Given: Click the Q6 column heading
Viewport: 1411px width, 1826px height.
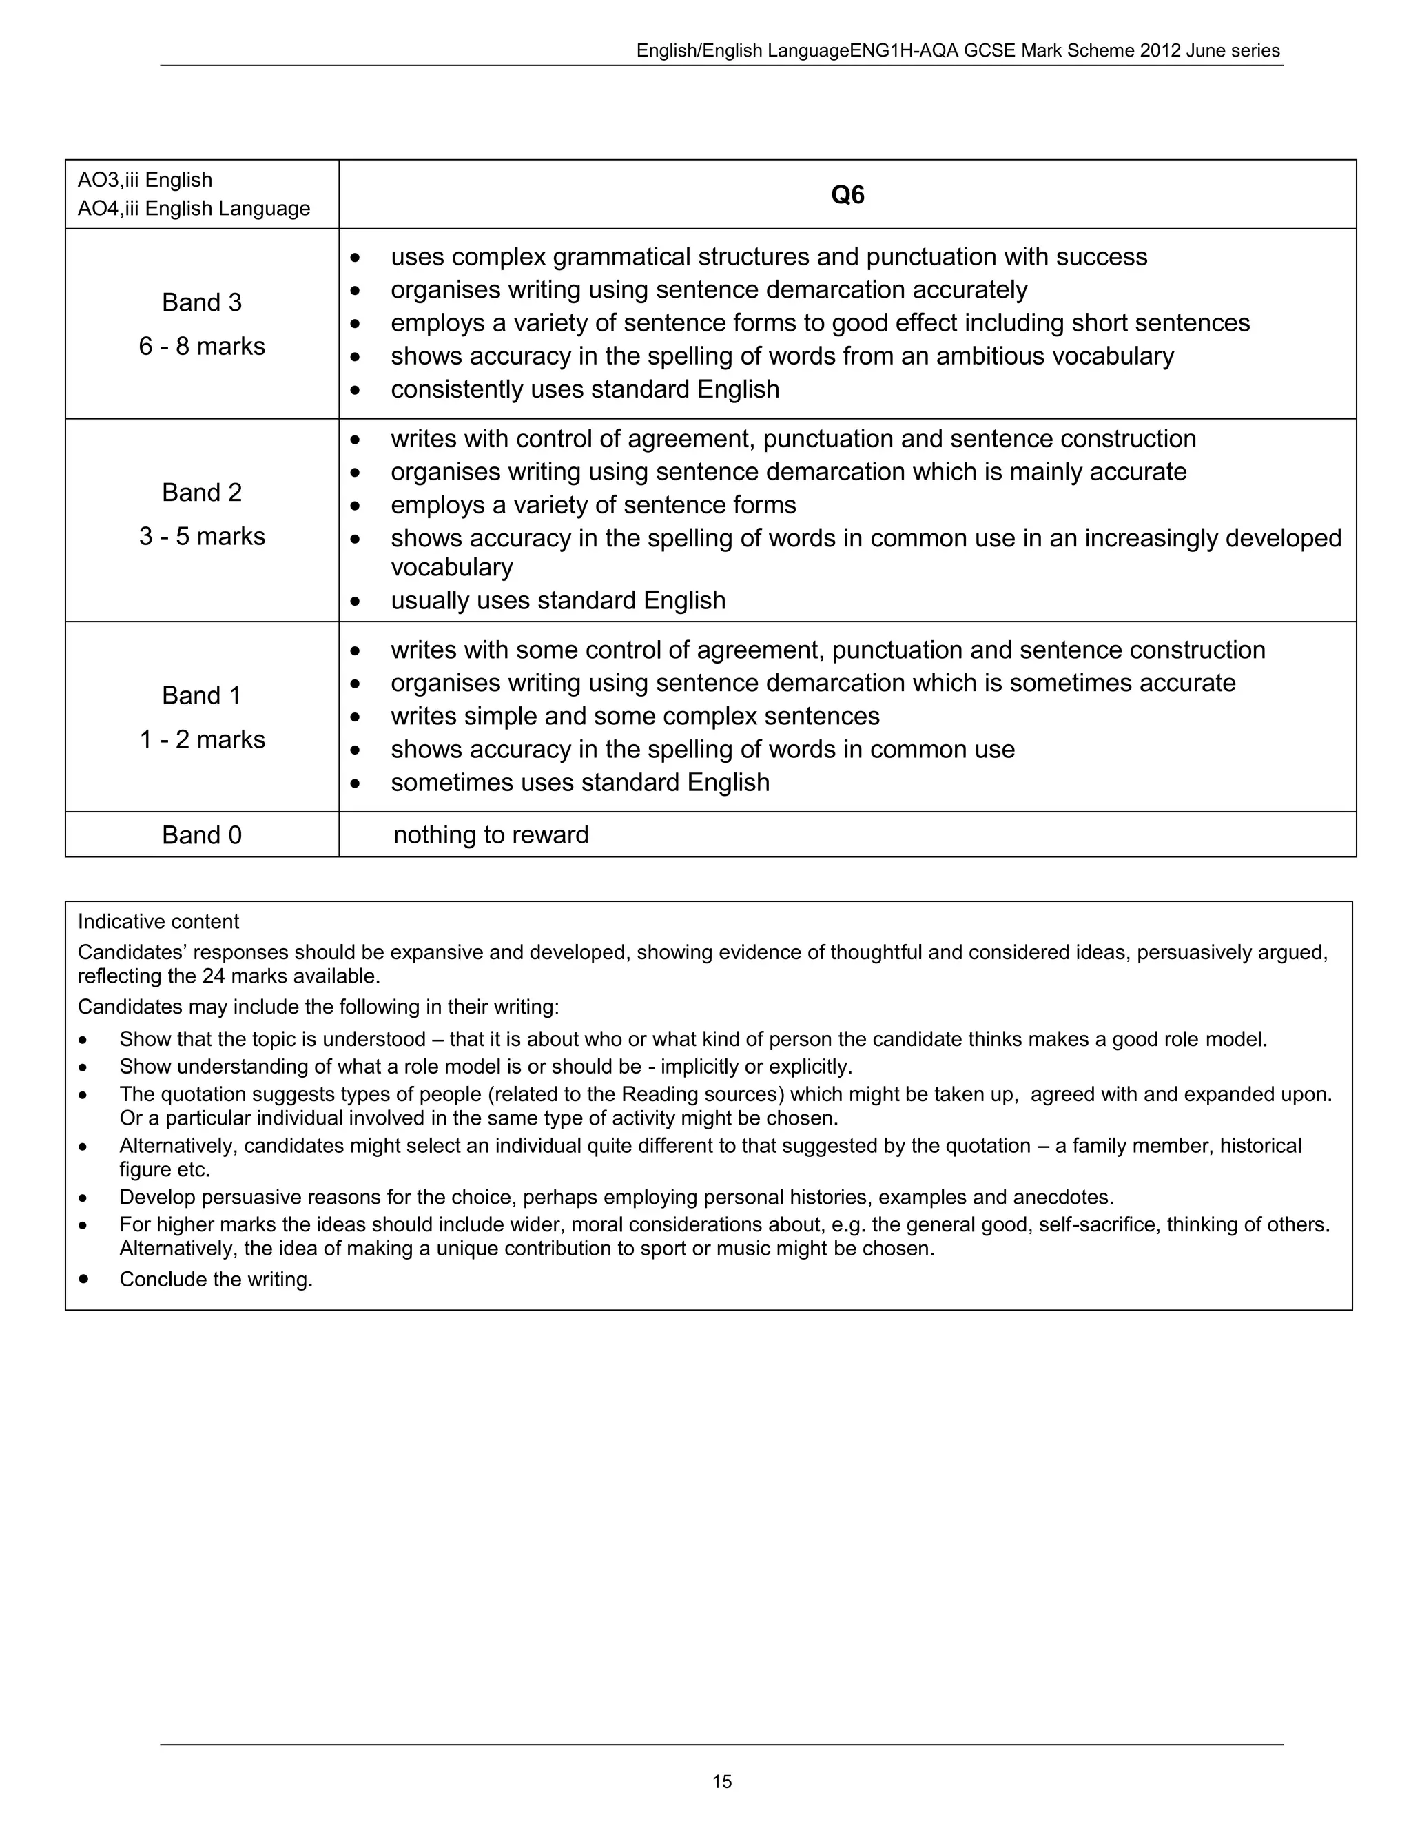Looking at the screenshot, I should (x=847, y=195).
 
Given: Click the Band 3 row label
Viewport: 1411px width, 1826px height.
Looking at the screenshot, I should (x=201, y=302).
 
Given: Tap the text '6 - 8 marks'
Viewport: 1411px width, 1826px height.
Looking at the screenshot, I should (x=201, y=346).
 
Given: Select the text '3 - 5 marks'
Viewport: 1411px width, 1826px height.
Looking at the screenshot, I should (x=201, y=536).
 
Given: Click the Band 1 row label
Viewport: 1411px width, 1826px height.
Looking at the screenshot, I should (x=201, y=695).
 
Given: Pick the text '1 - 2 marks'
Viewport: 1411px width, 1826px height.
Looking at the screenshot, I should (x=201, y=739).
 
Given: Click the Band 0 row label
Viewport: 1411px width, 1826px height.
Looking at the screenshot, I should (x=201, y=834).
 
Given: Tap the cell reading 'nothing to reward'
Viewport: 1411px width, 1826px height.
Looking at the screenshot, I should (x=491, y=834).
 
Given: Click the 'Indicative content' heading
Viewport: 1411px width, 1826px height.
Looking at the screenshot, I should (x=158, y=921).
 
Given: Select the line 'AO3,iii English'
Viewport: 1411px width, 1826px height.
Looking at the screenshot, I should (x=145, y=180).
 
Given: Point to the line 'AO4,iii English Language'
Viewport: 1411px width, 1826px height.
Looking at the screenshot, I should (x=193, y=208).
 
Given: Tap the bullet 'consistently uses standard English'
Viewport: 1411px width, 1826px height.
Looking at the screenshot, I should (x=584, y=389).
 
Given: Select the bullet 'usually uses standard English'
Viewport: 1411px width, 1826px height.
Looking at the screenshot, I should (x=557, y=600).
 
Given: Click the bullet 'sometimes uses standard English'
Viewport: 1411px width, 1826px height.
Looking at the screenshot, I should (x=579, y=783).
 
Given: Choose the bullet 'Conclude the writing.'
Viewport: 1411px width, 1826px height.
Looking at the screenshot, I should (x=216, y=1279).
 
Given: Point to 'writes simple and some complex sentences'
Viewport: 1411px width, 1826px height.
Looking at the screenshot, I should (x=635, y=717).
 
